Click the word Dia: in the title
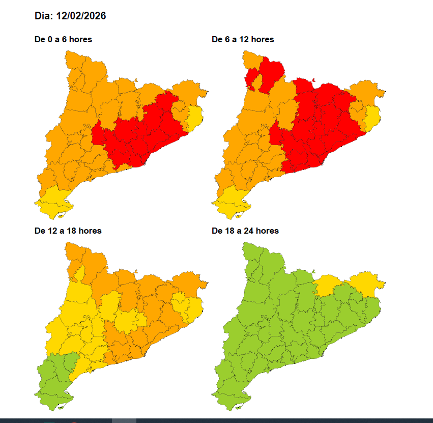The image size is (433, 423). coord(44,16)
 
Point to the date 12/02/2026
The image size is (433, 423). coord(81,16)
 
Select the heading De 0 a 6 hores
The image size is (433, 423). coord(63,39)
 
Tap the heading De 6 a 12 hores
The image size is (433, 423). coord(243,39)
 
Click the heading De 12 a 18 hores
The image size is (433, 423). coord(68,231)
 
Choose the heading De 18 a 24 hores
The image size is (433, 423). coord(245,231)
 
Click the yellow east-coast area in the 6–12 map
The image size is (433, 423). coord(373,117)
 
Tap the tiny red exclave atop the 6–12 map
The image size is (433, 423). coord(314,79)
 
